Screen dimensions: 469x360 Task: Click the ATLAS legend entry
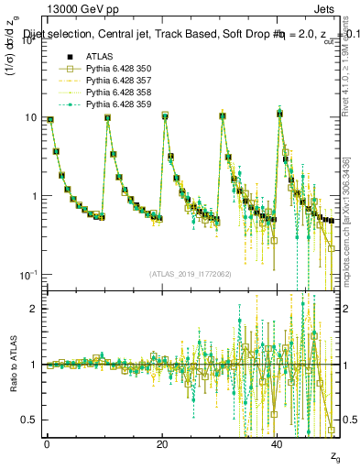99,56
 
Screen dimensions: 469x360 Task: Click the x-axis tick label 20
162,443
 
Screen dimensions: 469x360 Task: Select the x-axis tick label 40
278,443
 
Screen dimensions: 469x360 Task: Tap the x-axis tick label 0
47,443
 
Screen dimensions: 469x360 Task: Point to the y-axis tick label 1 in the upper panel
33,197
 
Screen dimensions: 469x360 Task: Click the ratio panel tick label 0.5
28,420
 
